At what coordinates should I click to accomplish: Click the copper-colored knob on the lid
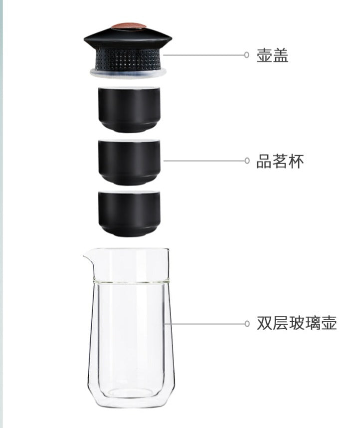(x=128, y=26)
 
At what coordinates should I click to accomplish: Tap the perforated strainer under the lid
(x=128, y=59)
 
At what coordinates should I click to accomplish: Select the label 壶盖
(x=272, y=55)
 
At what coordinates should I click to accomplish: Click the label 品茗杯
(x=280, y=161)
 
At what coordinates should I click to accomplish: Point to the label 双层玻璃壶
(x=297, y=323)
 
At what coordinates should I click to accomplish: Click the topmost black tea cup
(x=129, y=109)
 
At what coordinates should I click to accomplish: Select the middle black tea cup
(x=129, y=162)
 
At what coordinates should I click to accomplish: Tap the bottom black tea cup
(x=129, y=213)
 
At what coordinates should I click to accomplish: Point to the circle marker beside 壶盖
(x=247, y=55)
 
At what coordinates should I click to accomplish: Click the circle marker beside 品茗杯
(x=247, y=161)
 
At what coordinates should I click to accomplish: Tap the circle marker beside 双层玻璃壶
(x=247, y=324)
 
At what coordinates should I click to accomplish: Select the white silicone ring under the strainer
(x=128, y=72)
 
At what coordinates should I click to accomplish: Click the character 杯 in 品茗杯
(x=296, y=161)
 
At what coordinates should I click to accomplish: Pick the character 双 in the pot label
(x=264, y=323)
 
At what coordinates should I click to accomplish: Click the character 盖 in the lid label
(x=281, y=55)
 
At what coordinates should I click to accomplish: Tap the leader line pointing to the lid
(x=203, y=55)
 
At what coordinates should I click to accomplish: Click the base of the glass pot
(x=131, y=399)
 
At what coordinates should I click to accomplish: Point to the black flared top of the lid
(x=128, y=38)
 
